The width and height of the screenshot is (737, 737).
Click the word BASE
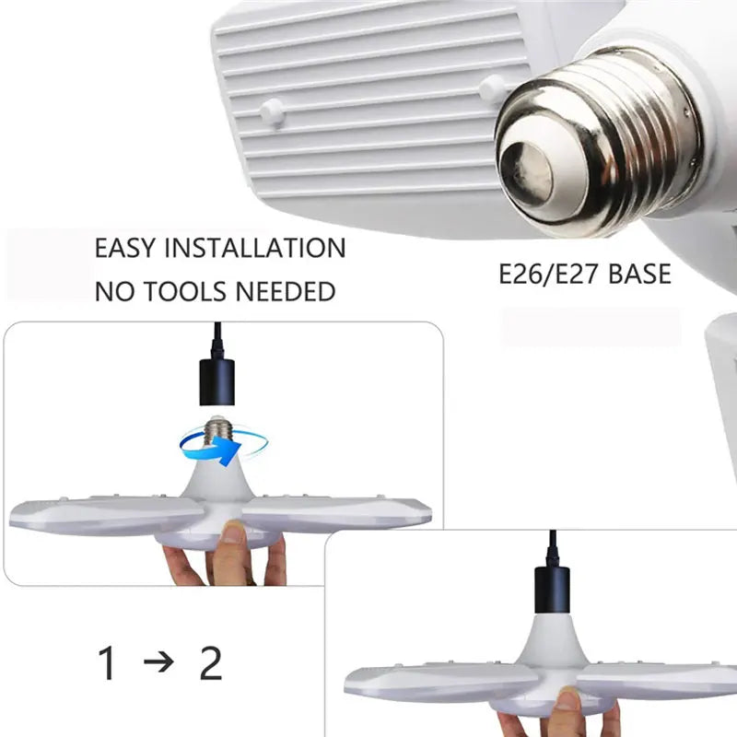click(639, 274)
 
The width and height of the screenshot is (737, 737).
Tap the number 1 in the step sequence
click(108, 664)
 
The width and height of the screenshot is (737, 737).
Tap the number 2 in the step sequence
click(211, 664)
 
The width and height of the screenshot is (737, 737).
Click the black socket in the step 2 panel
click(553, 590)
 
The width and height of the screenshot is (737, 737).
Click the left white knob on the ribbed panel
click(271, 111)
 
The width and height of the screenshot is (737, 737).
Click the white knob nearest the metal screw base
click(492, 88)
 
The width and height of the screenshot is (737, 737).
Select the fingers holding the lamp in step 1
click(230, 553)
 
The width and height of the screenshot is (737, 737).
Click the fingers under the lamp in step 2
click(553, 714)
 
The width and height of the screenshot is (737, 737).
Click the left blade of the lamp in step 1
click(101, 516)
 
